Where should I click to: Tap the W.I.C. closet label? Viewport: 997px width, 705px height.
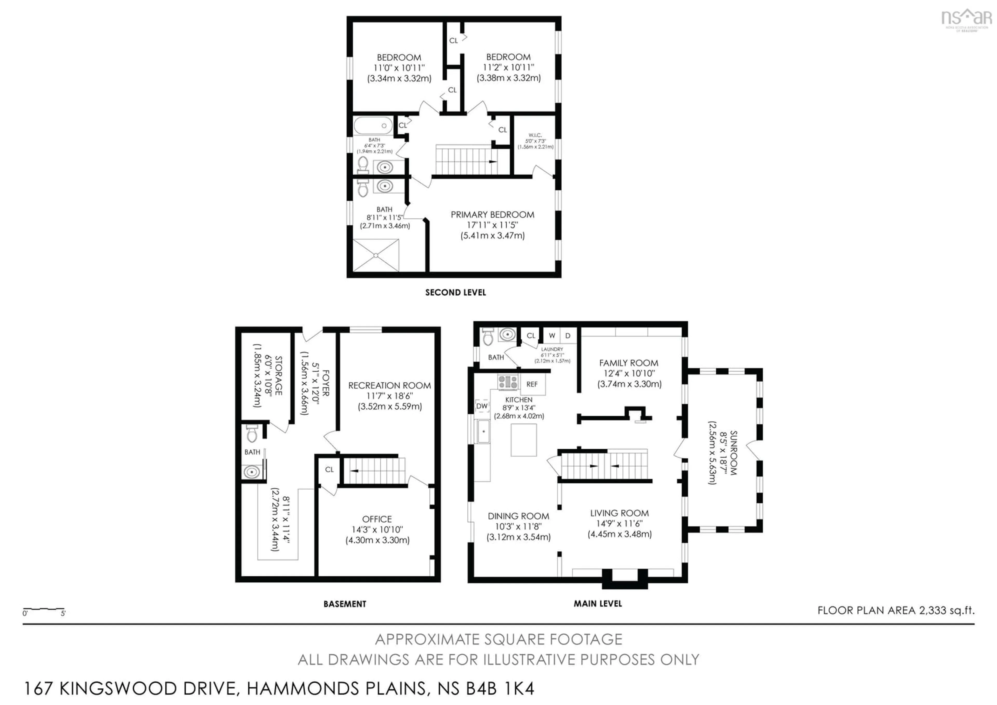pyautogui.click(x=535, y=135)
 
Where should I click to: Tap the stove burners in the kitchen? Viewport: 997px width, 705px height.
pyautogui.click(x=508, y=382)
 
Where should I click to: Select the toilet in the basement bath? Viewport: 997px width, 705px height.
pyautogui.click(x=252, y=434)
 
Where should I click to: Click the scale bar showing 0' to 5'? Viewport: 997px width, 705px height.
pyautogui.click(x=43, y=610)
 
